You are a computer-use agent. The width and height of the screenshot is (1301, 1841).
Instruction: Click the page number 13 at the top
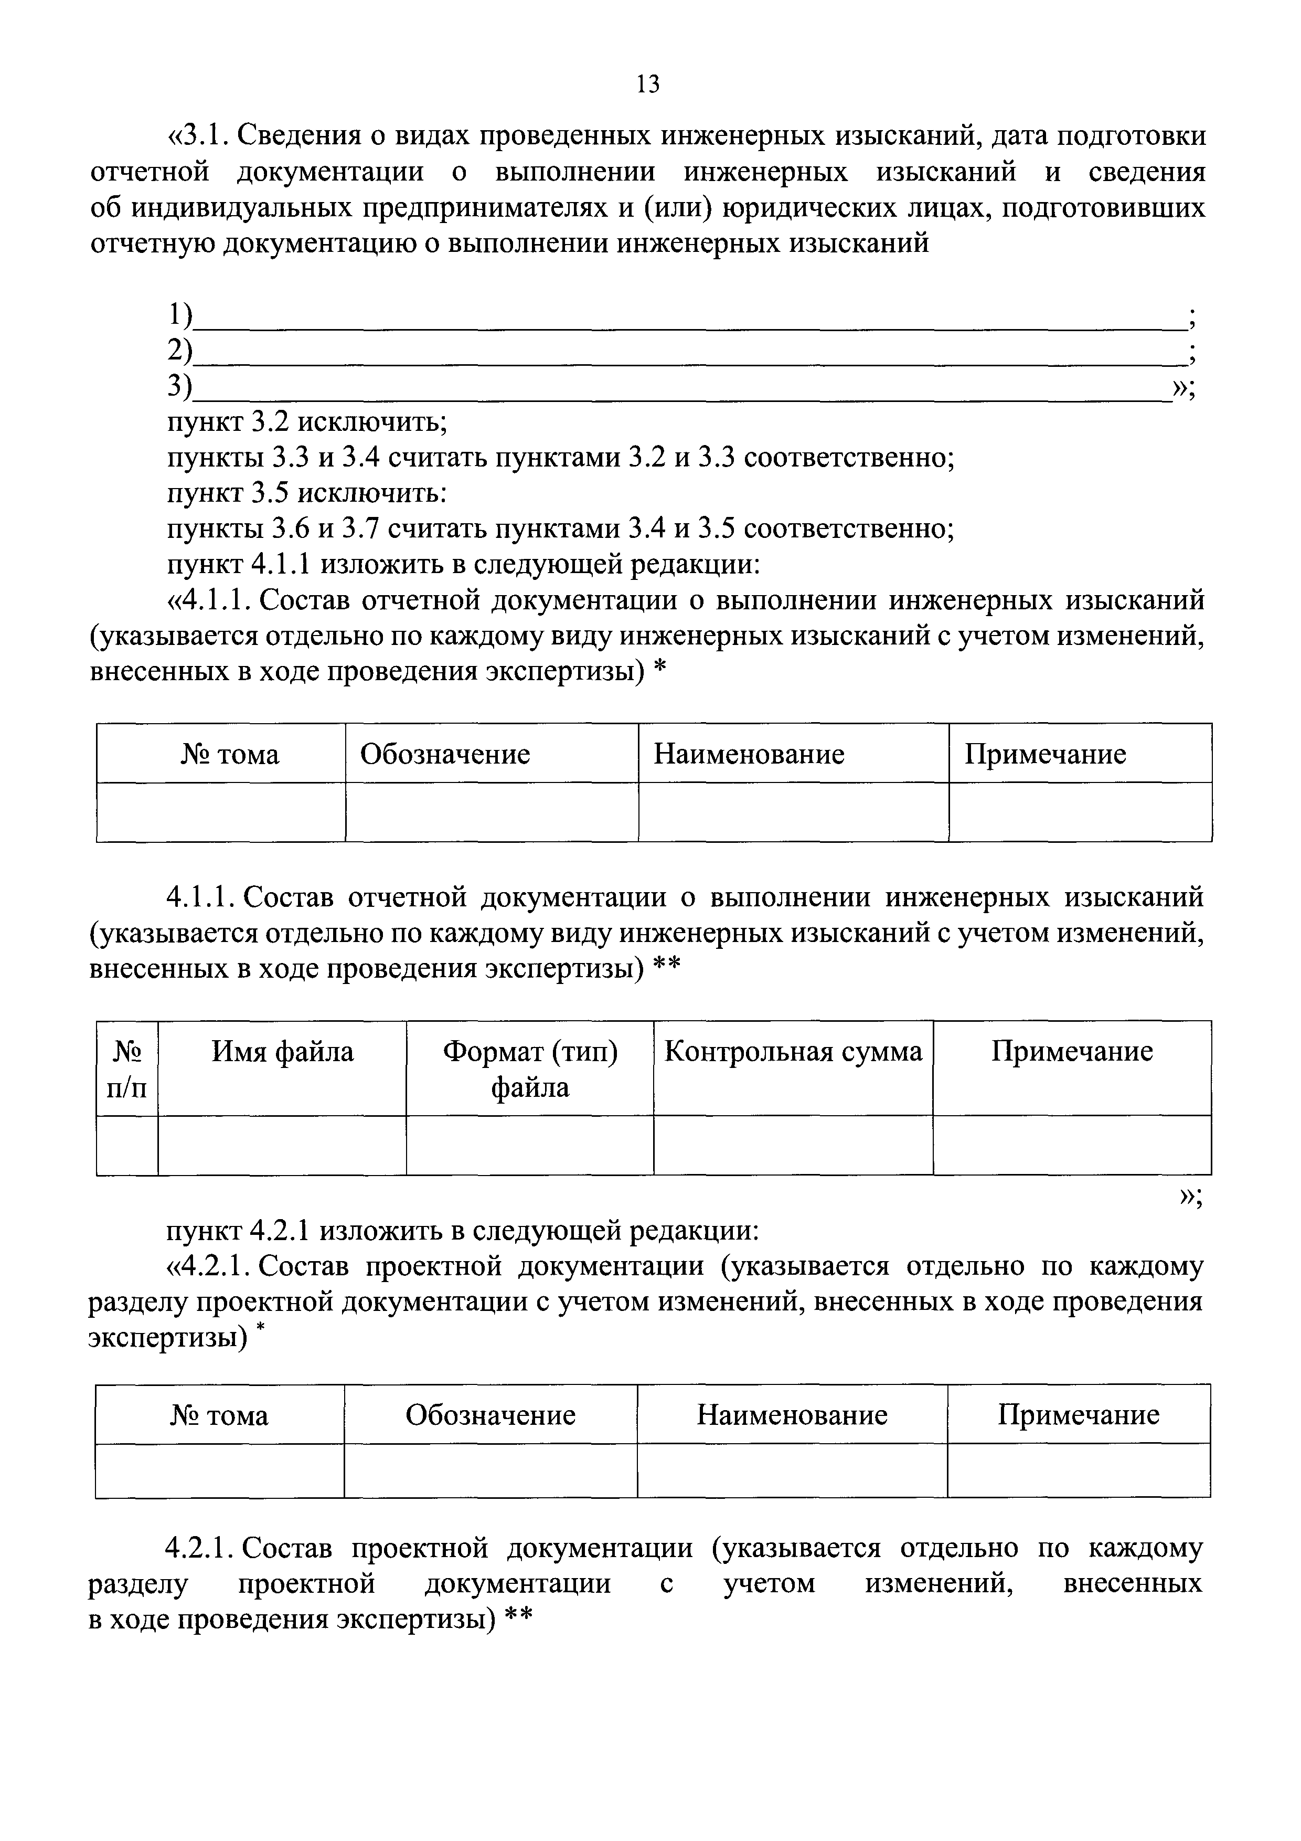click(x=648, y=83)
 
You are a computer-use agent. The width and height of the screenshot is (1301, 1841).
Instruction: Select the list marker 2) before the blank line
click(x=180, y=351)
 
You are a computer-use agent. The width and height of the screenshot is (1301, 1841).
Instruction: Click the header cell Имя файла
click(x=282, y=1051)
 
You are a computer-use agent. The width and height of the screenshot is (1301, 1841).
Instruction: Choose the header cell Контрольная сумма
click(x=793, y=1051)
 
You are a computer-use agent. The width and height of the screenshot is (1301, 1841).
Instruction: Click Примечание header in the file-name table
click(x=1072, y=1051)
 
